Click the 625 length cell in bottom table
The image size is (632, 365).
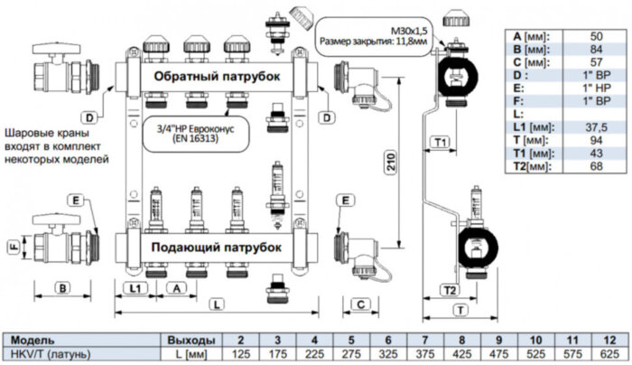click(x=608, y=353)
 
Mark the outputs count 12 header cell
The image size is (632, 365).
click(x=608, y=340)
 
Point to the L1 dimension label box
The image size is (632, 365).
click(x=135, y=286)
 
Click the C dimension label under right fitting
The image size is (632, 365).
click(x=358, y=304)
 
